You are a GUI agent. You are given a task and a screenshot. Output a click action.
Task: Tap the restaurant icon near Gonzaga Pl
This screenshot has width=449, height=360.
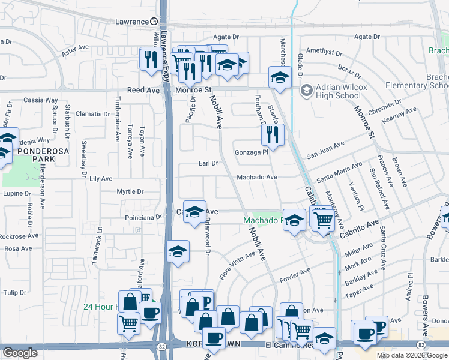pos(273,135)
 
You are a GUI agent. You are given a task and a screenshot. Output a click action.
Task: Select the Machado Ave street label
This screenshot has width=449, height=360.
pos(256,178)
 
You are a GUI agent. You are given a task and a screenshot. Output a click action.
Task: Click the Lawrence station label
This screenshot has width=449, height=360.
pos(131,22)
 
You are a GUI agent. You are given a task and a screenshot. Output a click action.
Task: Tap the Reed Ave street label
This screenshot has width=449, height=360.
pos(143,90)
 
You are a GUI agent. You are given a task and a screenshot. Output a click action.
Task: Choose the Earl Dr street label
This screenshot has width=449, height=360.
pos(208,163)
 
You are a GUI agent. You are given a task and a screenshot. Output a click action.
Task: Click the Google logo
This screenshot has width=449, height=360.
pos(20,353)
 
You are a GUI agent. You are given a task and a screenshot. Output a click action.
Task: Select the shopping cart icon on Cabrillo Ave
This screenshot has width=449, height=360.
pos(324,220)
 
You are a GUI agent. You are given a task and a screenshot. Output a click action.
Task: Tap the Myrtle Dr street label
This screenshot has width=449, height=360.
pos(130,192)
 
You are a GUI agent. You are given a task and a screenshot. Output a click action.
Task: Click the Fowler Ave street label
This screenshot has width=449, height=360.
pos(294,275)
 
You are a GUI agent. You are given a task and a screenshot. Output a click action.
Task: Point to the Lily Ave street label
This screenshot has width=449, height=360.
pos(101,179)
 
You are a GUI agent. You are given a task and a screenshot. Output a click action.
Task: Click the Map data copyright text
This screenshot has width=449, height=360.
pos(412,355)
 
